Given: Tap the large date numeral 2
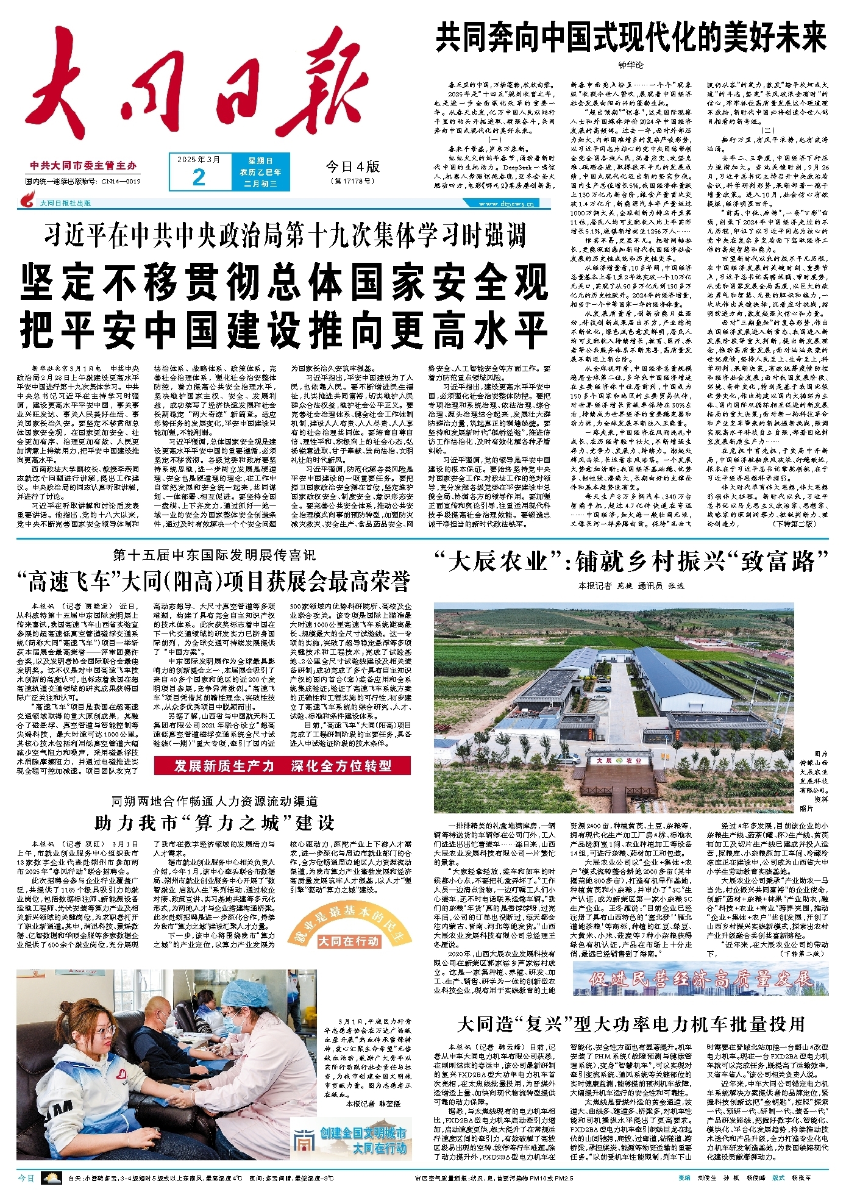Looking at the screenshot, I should [199, 177].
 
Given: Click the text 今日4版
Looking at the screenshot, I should [352, 166].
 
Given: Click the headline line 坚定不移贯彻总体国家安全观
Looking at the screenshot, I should [284, 282].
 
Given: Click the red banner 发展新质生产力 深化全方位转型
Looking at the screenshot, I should [283, 766].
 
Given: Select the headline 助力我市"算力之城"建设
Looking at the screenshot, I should [215, 823].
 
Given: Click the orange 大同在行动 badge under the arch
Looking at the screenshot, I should [349, 941].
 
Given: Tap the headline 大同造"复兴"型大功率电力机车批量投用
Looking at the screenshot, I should [631, 1024].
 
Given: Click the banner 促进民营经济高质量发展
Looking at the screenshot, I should [700, 980].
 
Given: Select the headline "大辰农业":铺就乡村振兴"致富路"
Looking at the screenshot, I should [631, 562].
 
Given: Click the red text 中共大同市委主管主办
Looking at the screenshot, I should [84, 166].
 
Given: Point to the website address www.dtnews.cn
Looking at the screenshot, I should [507, 204].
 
